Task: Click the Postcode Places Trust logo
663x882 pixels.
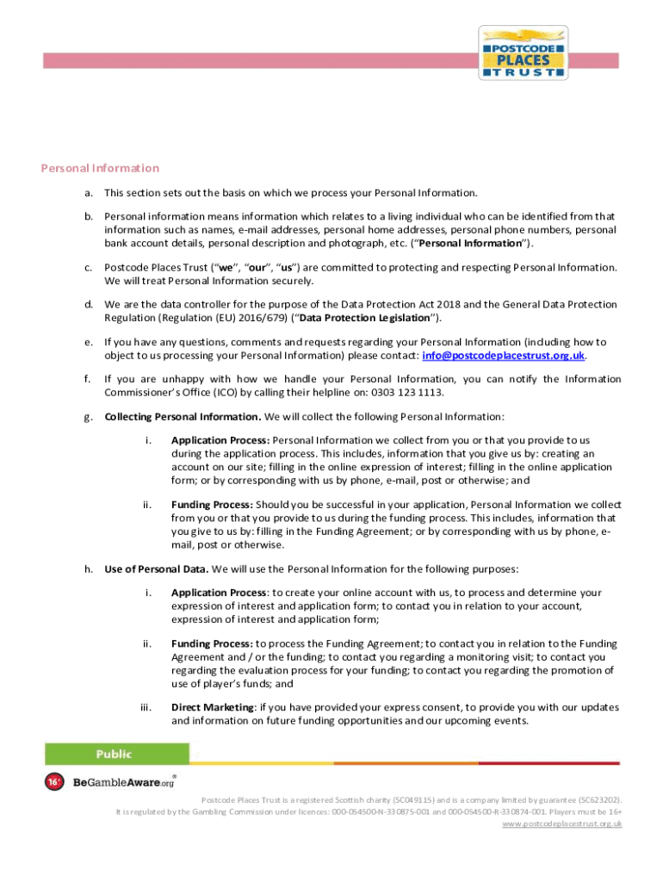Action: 523,53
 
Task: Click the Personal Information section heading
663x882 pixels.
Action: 100,168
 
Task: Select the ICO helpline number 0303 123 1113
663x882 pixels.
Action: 408,393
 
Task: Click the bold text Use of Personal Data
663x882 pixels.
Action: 156,568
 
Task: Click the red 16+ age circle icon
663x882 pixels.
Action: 54,782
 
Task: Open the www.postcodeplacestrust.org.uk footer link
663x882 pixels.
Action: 561,823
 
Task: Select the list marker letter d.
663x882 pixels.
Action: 88,304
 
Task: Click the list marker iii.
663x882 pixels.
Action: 146,707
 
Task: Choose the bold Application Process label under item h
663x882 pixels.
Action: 218,593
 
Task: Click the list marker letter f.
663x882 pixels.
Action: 87,379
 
